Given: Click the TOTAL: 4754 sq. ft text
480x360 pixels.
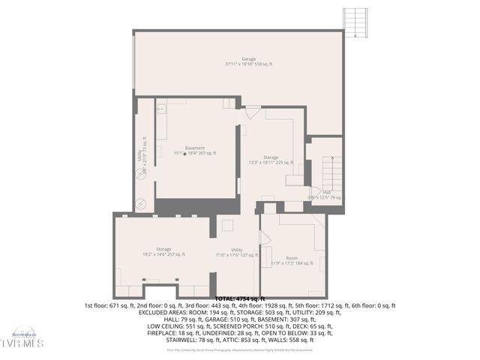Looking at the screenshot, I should [240, 298].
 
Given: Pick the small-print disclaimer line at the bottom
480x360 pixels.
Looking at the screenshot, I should [240, 349].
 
